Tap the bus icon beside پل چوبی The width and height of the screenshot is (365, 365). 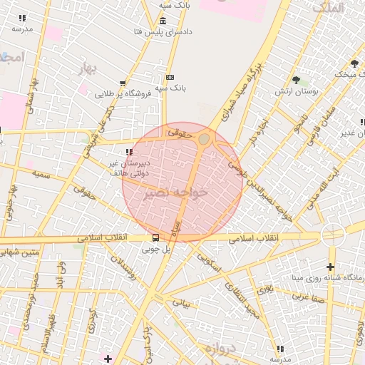[155, 238]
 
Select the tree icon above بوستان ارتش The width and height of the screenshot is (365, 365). [296, 80]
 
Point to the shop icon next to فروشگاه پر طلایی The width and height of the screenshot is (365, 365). [123, 83]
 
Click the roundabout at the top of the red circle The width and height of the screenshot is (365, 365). [205, 138]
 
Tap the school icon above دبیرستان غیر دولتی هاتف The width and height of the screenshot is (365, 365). [128, 152]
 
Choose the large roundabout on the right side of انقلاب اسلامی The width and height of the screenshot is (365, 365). [332, 235]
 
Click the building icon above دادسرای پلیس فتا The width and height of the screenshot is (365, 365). [163, 21]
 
